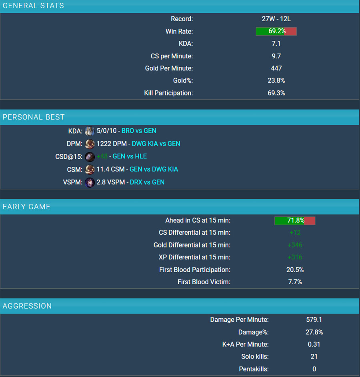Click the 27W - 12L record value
tap(276, 19)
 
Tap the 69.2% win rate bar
tap(276, 31)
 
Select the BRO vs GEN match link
tap(139, 131)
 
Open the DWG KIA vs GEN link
tap(156, 144)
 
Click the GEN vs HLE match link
tap(130, 156)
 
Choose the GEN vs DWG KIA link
tap(154, 169)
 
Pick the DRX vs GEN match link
tap(147, 182)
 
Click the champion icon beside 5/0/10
tap(90, 131)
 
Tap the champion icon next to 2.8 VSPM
tap(90, 182)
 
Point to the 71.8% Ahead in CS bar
tap(295, 220)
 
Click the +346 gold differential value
tap(295, 245)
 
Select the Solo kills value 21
tap(314, 356)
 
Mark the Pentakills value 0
tap(314, 369)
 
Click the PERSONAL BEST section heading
tap(34, 117)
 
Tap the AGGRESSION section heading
tap(27, 306)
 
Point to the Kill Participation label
tap(168, 93)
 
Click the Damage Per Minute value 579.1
tap(314, 319)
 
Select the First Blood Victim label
tap(204, 282)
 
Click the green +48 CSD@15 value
tap(102, 156)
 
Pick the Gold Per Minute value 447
tap(276, 68)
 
